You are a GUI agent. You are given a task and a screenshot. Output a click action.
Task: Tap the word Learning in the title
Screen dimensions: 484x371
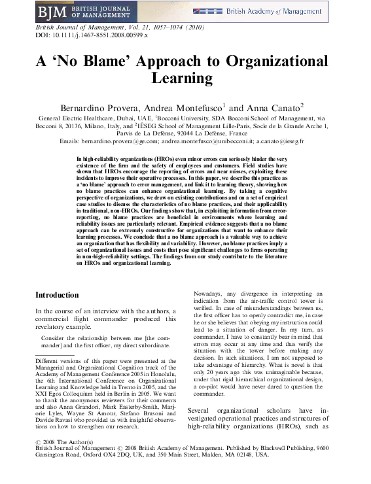pyautogui.click(x=185, y=78)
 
